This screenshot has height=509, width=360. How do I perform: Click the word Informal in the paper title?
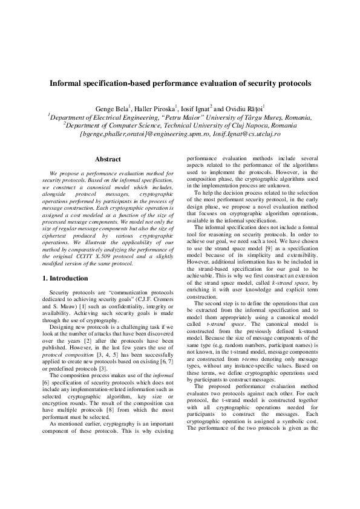coord(68,83)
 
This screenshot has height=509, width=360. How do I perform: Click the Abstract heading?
coord(108,159)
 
